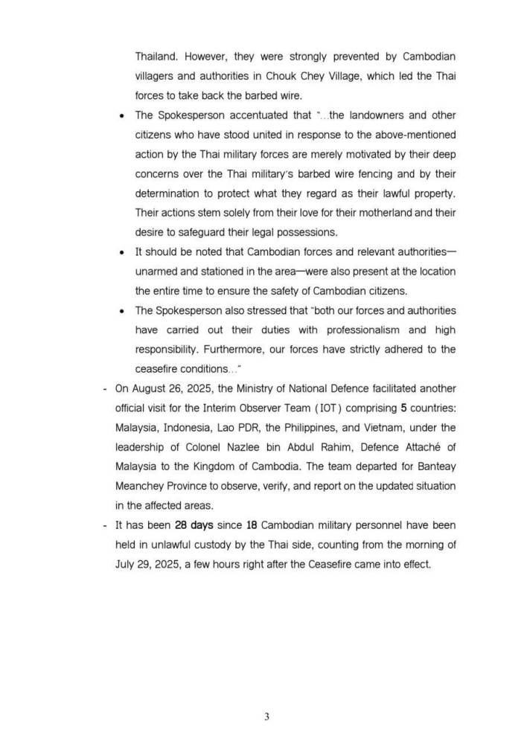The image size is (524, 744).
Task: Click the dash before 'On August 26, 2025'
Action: coord(103,388)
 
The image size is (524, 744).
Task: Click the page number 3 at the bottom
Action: coord(266,716)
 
